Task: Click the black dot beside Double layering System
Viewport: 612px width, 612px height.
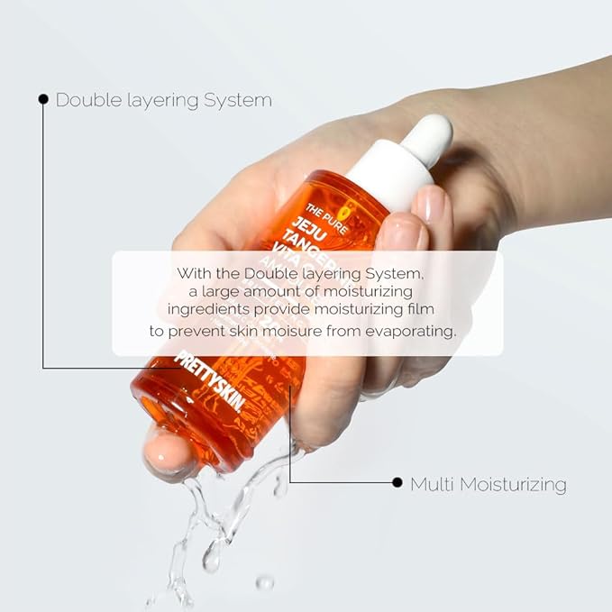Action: tap(43, 99)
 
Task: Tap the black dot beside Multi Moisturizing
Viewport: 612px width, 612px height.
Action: tap(397, 483)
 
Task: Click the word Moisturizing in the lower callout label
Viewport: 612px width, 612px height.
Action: tap(513, 485)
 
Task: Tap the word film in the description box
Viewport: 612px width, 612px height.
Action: tap(434, 310)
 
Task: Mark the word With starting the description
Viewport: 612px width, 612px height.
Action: tap(194, 271)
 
